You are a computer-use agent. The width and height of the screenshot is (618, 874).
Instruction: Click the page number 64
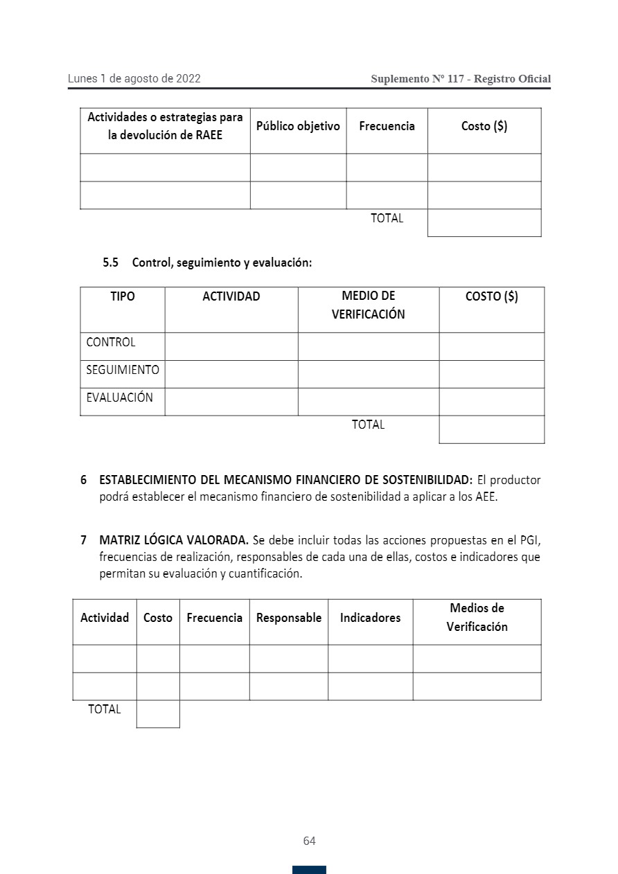click(x=309, y=841)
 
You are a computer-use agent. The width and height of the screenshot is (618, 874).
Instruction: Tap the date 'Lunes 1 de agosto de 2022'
click(x=134, y=79)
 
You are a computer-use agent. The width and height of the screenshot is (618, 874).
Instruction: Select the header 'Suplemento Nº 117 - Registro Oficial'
click(x=461, y=79)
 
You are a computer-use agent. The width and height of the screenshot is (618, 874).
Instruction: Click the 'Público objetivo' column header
click(x=298, y=126)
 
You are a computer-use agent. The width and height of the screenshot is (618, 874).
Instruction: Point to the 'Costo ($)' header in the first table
click(x=484, y=126)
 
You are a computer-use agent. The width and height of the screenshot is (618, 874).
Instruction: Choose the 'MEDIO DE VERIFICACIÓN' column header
click(x=368, y=305)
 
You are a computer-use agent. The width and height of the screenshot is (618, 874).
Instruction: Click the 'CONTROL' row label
click(x=111, y=342)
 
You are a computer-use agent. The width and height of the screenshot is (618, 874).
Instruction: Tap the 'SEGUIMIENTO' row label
click(x=123, y=370)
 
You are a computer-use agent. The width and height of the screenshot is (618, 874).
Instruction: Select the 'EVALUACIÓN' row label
click(x=119, y=398)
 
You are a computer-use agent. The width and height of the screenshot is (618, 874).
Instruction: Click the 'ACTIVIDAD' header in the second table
click(x=231, y=296)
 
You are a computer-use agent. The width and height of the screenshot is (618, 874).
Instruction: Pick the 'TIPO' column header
click(x=123, y=296)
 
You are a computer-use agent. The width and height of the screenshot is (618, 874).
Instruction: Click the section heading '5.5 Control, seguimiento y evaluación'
click(x=208, y=263)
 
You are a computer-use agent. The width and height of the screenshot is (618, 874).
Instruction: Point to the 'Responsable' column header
click(x=289, y=618)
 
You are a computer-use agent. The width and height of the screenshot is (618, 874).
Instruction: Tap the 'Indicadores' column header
click(x=370, y=618)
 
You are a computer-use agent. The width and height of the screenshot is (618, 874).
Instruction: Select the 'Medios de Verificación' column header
click(x=477, y=618)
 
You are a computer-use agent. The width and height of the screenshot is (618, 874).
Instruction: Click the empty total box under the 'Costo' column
click(x=158, y=713)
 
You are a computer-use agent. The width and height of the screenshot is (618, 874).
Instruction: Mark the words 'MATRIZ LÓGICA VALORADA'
click(x=173, y=539)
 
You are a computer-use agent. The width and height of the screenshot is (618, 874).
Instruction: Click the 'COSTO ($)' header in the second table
click(x=492, y=296)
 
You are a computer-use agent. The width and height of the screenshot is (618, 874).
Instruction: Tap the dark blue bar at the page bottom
click(x=309, y=870)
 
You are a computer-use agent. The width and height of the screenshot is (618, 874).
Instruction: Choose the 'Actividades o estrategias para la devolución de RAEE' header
click(x=165, y=126)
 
